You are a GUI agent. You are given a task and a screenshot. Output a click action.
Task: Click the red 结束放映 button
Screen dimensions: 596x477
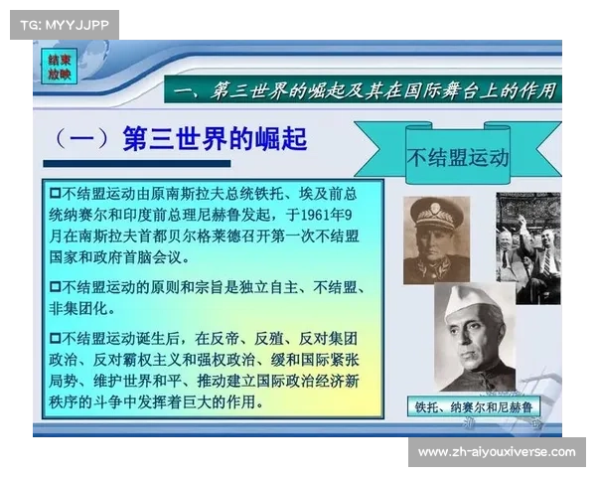click(59, 67)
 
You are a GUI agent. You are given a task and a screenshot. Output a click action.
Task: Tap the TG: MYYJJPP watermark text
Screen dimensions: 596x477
click(65, 25)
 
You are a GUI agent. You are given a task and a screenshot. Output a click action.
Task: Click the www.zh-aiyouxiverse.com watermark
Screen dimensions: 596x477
click(497, 452)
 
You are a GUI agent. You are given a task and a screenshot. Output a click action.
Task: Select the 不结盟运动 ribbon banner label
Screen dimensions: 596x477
click(458, 157)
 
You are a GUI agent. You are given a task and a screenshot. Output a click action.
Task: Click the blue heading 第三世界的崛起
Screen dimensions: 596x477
click(215, 138)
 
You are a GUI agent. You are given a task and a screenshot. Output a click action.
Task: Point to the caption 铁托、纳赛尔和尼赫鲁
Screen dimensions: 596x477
click(474, 407)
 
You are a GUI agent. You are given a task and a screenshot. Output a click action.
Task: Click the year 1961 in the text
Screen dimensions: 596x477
click(315, 215)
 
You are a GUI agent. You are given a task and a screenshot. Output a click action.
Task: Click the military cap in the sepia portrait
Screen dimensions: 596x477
click(435, 215)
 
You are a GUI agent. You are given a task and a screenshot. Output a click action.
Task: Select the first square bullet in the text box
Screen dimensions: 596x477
click(55, 193)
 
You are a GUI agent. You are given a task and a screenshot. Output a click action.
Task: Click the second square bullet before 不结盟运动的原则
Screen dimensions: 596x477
click(55, 286)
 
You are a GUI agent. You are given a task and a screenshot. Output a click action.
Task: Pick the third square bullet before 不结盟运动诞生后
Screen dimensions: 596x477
click(55, 338)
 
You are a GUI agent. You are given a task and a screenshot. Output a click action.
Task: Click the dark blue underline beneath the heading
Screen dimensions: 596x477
click(137, 164)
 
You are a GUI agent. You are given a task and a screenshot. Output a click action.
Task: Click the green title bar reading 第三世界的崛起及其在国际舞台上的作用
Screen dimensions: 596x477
click(363, 89)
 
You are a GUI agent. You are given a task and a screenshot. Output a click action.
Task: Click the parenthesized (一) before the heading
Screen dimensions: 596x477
click(82, 138)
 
